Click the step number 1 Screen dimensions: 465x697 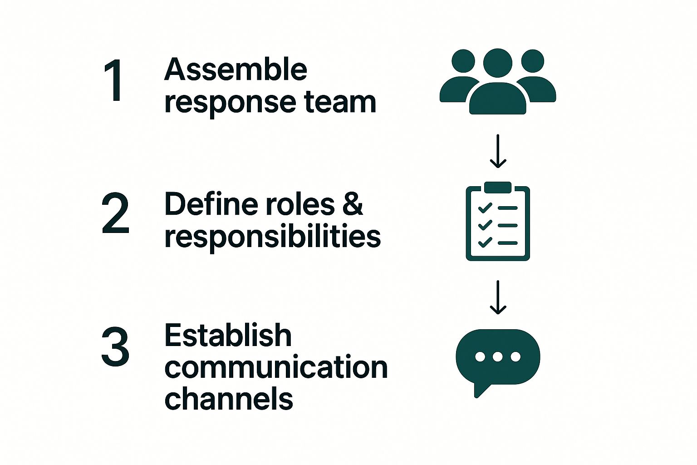tap(114, 80)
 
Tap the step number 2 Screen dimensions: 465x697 tap(115, 213)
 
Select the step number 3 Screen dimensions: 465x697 tap(115, 347)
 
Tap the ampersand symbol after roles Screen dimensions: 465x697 tap(353, 204)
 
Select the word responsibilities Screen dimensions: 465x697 tap(272, 236)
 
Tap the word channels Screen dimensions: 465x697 tap(229, 399)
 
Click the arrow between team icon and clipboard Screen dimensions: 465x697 tap(498, 151)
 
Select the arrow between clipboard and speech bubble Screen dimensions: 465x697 tap(498, 297)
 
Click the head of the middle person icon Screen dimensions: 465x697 tap(498, 63)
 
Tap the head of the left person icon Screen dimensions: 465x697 tap(463, 61)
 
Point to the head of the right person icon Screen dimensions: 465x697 tap(532, 61)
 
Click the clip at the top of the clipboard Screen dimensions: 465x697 tap(498, 187)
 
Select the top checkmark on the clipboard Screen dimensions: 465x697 tap(485, 208)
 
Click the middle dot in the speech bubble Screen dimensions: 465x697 tap(498, 356)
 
